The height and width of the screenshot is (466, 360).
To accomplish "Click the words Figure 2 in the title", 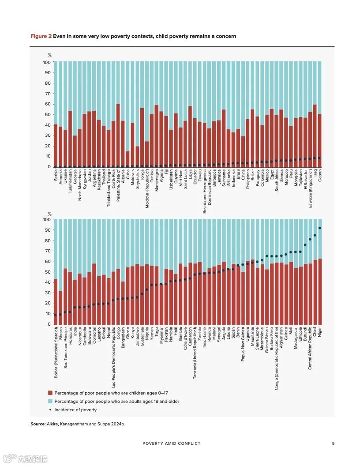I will coord(41,36).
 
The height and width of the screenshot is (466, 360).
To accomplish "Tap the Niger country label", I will coord(320,332).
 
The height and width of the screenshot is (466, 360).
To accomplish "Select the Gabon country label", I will coord(320,175).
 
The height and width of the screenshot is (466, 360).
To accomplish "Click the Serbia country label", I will coord(55,175).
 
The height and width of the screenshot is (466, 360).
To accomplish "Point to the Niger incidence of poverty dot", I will coord(320,228).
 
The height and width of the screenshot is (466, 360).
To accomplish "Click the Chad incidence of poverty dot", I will coord(315,235).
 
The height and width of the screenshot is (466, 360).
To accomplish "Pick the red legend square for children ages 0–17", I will coord(50,393).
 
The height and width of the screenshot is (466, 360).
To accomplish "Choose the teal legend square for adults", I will coord(50,402).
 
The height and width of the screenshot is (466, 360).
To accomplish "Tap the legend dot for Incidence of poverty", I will coord(50,410).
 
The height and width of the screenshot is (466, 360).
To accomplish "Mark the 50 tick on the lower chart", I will coord(48,272).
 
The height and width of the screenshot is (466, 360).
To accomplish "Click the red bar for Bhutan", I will coord(60,307).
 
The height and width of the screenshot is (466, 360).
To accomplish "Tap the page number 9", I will coord(333,443).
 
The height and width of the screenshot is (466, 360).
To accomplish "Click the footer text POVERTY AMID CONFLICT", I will coord(171,443).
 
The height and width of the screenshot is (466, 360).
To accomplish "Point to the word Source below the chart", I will coord(37,424).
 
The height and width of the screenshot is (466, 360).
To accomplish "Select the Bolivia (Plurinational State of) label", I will coord(56,349).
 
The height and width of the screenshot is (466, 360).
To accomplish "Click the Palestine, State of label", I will coord(118,185).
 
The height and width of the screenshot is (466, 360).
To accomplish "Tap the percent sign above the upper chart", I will coord(49,55).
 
